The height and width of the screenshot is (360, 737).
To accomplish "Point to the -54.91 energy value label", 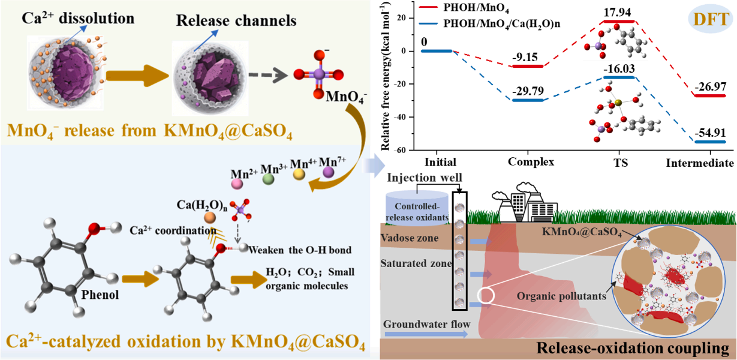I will point(709,133).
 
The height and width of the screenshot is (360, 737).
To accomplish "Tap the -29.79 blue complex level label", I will point(528,91).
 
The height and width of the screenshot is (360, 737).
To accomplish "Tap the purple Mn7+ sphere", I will point(328,173).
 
